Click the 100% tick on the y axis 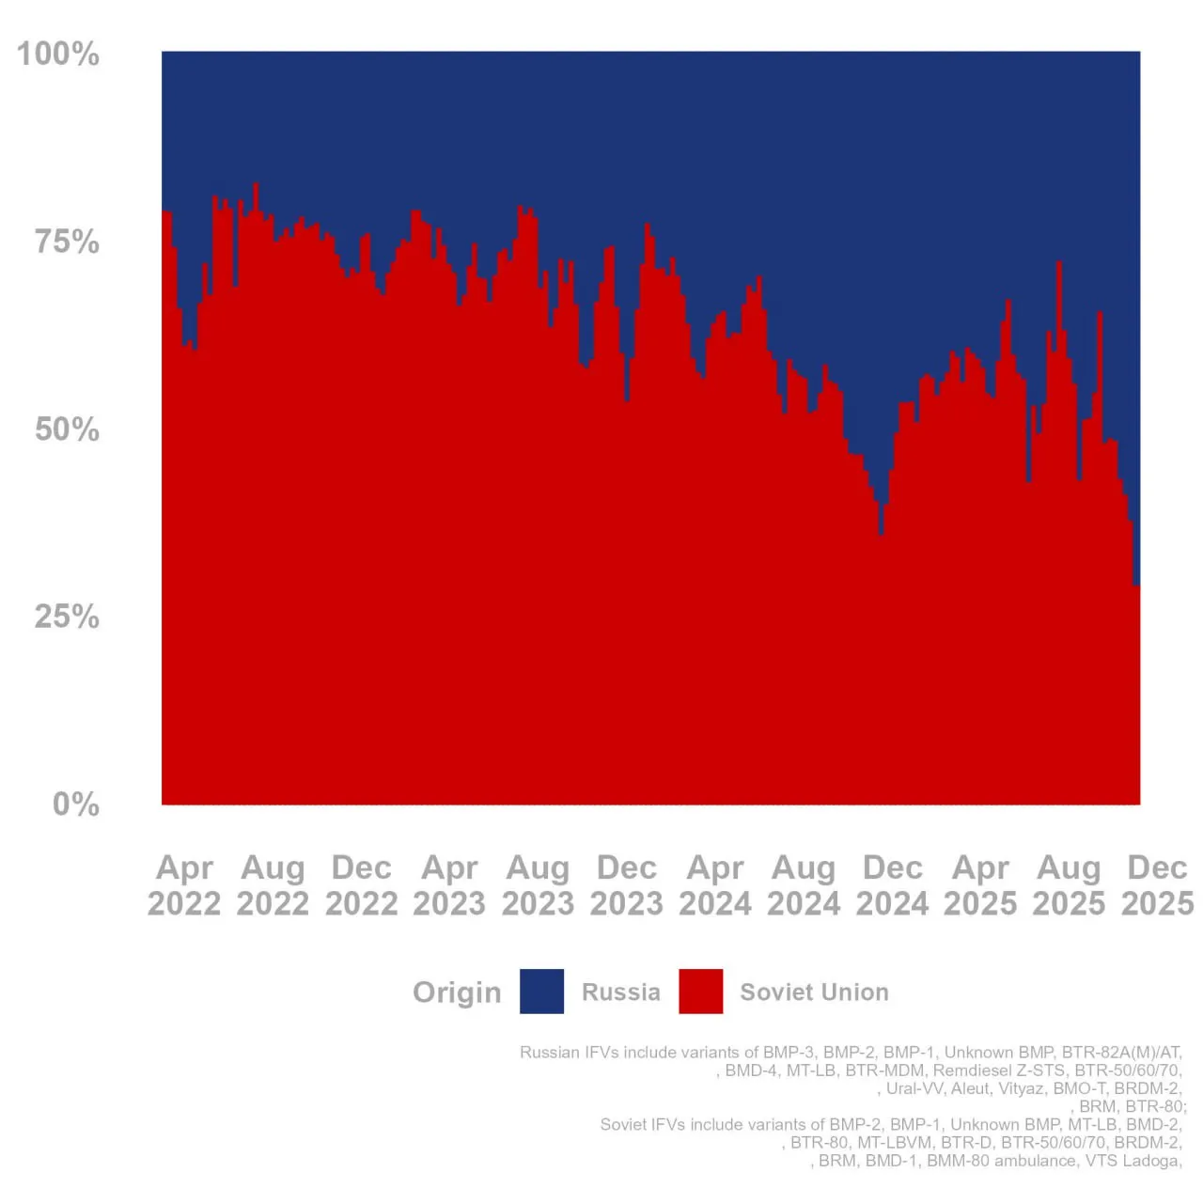click(x=58, y=54)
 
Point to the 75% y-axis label click(x=67, y=242)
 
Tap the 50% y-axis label click(x=67, y=430)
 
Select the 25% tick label click(x=67, y=617)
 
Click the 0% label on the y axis click(x=75, y=805)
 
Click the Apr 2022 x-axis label click(x=184, y=885)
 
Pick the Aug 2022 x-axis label click(x=273, y=885)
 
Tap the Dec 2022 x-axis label click(x=362, y=885)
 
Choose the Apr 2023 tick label click(x=449, y=885)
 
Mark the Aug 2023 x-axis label click(x=538, y=885)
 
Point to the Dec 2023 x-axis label click(x=627, y=885)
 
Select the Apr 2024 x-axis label click(x=715, y=885)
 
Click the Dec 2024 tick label click(x=892, y=885)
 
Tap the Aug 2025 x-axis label click(x=1069, y=885)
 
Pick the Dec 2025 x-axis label click(x=1157, y=885)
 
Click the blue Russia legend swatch click(x=541, y=992)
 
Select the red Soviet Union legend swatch click(x=701, y=992)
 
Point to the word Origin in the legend click(x=457, y=992)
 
